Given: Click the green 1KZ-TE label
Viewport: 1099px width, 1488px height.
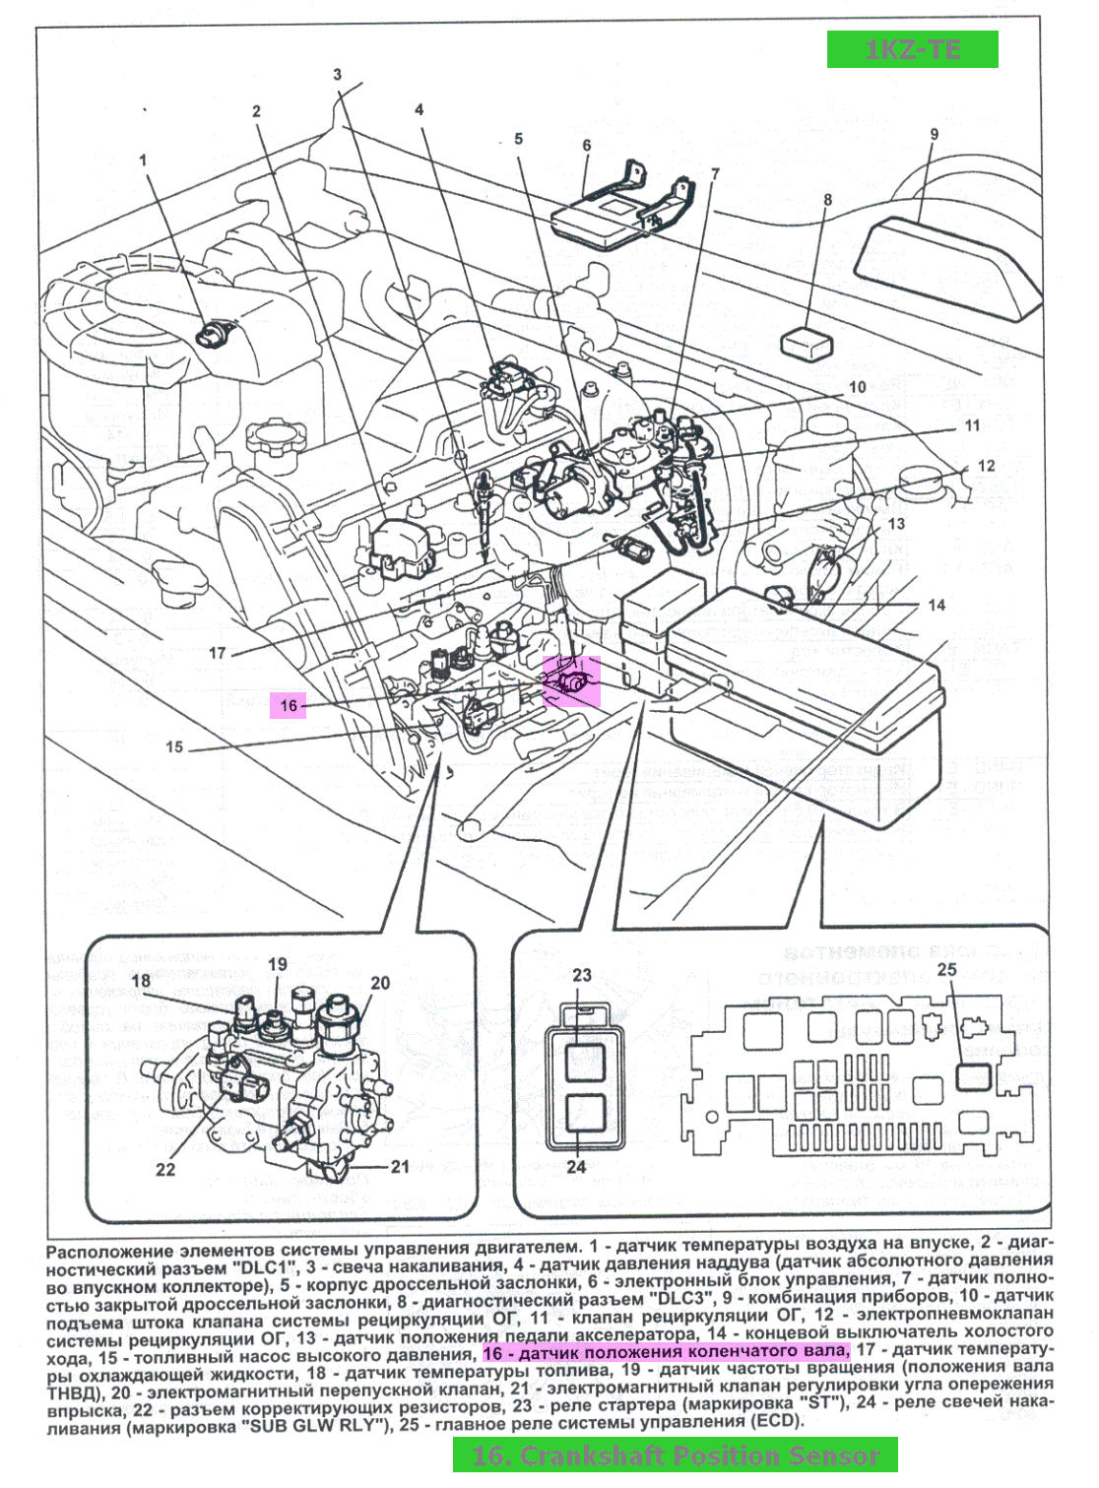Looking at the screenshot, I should coord(912,49).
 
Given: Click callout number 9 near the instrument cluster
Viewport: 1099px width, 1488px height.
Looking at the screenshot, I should coord(934,134).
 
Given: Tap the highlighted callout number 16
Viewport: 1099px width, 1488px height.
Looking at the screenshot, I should coord(289,705).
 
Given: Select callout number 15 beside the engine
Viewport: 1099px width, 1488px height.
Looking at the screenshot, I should coord(174,746).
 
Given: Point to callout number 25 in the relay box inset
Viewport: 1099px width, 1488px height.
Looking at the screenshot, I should coord(946,970).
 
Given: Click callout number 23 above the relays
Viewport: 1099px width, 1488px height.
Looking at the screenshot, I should coord(582,975).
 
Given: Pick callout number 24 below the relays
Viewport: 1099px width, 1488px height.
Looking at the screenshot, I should coord(576,1166).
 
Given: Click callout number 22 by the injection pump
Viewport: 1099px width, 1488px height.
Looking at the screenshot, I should coord(165,1169).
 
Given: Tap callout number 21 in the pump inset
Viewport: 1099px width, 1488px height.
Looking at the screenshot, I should coord(400,1166).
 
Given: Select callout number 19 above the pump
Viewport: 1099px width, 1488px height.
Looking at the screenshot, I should coord(278,964).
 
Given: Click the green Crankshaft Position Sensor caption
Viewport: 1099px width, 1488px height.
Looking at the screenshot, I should coord(676,1456).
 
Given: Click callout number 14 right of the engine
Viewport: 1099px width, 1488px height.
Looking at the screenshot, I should coord(937,605).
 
